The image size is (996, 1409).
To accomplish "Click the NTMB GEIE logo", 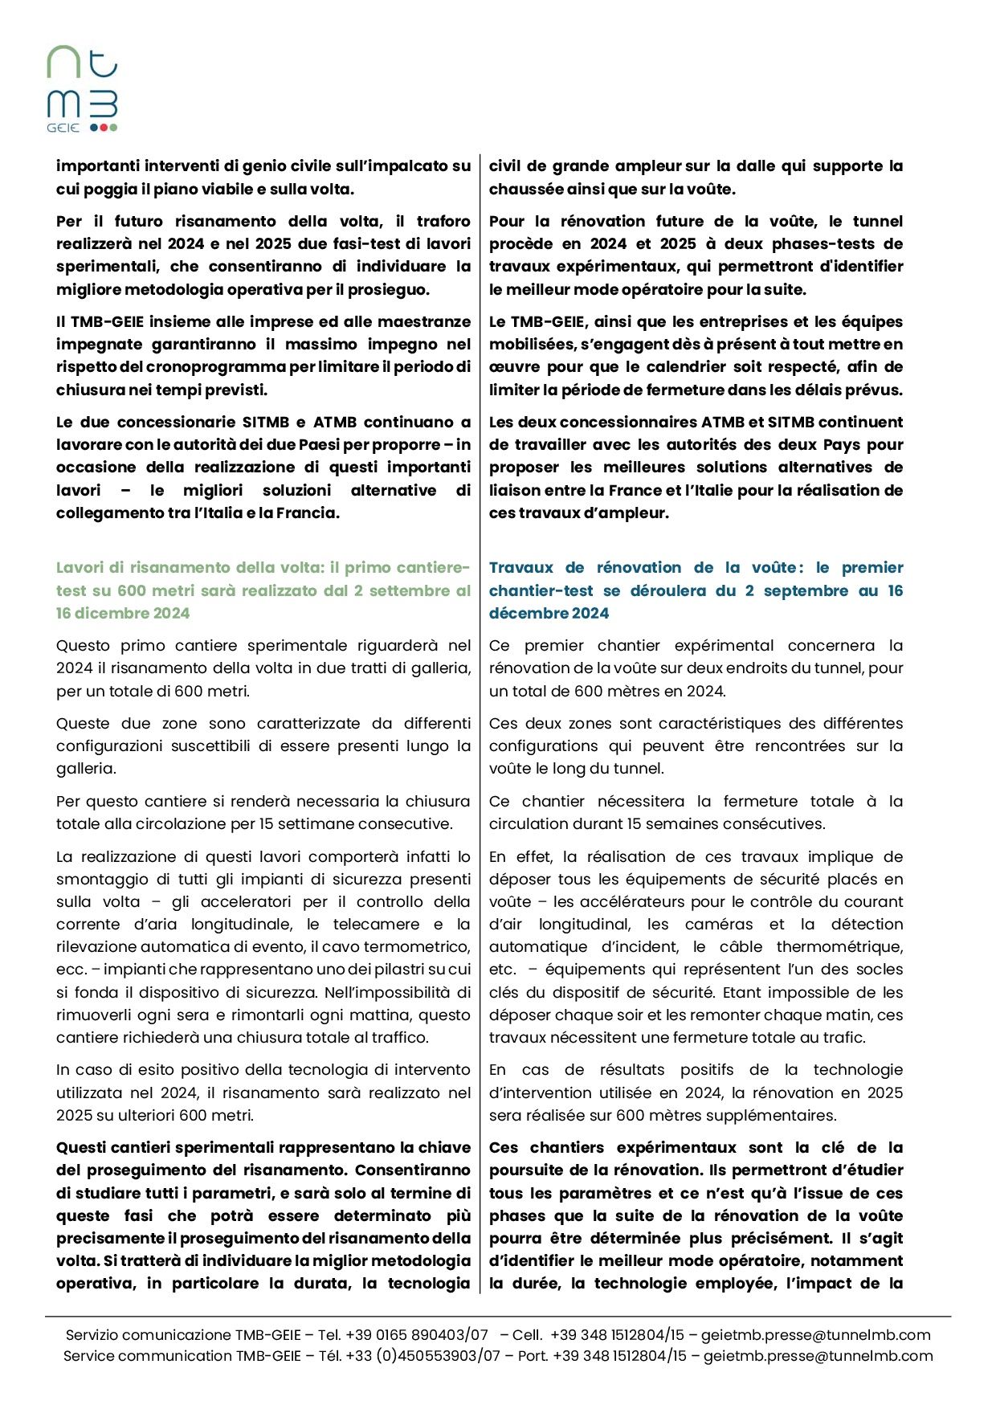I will click(82, 89).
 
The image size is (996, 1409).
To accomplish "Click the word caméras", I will click(720, 925).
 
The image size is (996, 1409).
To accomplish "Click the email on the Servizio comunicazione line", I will click(815, 1335).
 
